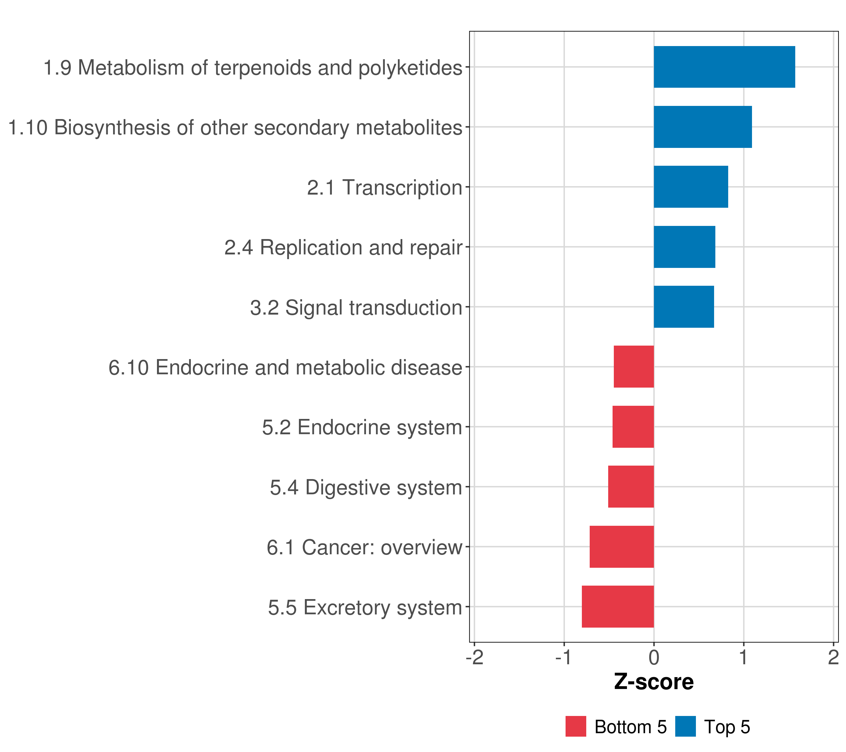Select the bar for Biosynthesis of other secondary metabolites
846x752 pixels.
(x=702, y=127)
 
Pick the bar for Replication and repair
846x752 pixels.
(x=684, y=247)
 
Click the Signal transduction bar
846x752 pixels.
(x=683, y=307)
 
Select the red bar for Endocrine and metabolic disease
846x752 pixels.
(x=634, y=367)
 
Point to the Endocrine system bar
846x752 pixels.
(x=633, y=427)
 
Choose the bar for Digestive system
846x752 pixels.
(x=631, y=487)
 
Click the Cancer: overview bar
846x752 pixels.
(x=622, y=547)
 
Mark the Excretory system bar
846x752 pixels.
(x=618, y=607)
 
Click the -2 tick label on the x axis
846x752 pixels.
(x=474, y=658)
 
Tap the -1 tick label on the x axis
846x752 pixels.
(x=564, y=658)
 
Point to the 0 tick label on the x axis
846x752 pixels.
(x=654, y=658)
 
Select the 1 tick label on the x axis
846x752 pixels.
(x=743, y=658)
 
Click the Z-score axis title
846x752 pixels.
(x=654, y=682)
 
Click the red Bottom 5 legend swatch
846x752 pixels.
(x=576, y=727)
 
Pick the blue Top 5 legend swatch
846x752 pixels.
(x=685, y=727)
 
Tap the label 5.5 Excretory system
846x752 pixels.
(x=365, y=608)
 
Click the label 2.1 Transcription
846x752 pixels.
(x=384, y=187)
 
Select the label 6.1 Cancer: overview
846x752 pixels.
(x=364, y=547)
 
